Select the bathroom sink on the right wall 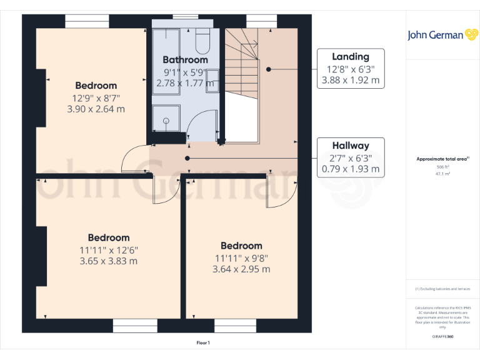point(212,81)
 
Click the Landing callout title point(350,57)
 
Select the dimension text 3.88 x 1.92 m point(350,81)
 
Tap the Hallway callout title point(350,146)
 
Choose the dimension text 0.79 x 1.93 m point(350,169)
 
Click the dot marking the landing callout point(269,69)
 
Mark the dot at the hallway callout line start point(187,158)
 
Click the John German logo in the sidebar point(442,35)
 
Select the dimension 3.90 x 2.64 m point(96,109)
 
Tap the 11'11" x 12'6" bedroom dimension point(109,249)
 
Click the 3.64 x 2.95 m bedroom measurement point(241,269)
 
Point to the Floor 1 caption point(204,343)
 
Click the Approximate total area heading point(442,159)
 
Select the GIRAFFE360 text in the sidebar point(442,336)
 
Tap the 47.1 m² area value point(442,174)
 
